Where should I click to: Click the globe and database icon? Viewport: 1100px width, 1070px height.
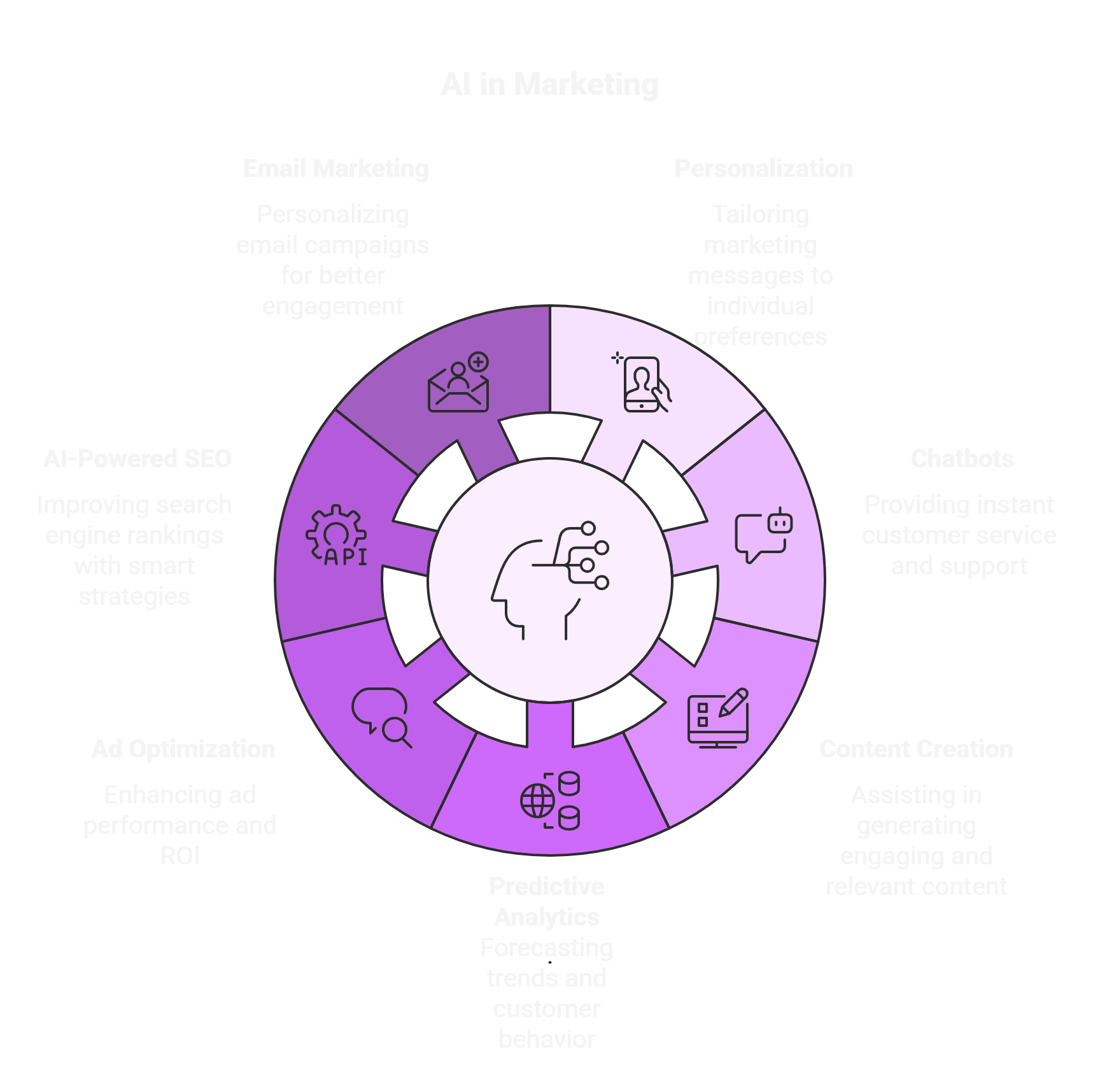coord(550,801)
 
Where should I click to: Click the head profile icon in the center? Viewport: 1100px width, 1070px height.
coord(549,581)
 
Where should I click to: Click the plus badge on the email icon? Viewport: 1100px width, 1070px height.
coord(478,362)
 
